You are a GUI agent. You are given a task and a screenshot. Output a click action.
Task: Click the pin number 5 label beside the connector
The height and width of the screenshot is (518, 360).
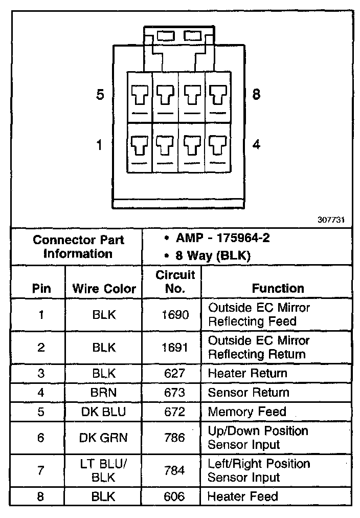coord(100,95)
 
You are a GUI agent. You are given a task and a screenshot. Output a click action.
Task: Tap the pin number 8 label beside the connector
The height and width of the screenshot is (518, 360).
coord(257,94)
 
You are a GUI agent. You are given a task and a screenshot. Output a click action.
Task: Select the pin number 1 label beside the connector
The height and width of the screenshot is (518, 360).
coord(100,145)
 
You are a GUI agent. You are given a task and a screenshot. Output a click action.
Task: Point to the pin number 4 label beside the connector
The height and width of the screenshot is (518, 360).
coord(257,144)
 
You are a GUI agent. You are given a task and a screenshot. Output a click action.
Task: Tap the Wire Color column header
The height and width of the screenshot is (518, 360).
coord(104,288)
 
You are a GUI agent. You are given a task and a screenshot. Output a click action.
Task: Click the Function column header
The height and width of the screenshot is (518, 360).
coord(278,288)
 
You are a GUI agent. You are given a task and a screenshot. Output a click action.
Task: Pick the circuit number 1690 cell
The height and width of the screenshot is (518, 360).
coord(175,315)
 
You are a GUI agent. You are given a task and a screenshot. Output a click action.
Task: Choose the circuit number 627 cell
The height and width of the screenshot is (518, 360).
coord(175,373)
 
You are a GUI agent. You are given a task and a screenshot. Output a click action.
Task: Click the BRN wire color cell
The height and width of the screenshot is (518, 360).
coord(104,393)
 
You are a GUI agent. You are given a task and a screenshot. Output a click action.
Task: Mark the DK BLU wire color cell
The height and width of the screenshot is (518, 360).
coord(104,412)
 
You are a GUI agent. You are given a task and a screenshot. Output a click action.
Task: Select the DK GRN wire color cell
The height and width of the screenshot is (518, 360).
coord(104,438)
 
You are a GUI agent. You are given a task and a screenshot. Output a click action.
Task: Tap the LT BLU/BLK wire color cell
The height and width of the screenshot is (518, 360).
coord(104,470)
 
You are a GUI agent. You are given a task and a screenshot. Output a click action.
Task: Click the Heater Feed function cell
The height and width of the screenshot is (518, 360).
coord(243,496)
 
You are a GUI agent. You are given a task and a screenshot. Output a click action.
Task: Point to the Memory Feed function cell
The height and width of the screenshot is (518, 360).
coord(246,412)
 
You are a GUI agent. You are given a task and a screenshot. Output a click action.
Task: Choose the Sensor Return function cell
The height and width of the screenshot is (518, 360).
coord(249,393)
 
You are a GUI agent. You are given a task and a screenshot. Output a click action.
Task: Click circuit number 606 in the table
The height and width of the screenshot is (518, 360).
coord(175,496)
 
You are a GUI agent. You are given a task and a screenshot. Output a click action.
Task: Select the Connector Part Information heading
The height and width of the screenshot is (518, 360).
coord(78,246)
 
